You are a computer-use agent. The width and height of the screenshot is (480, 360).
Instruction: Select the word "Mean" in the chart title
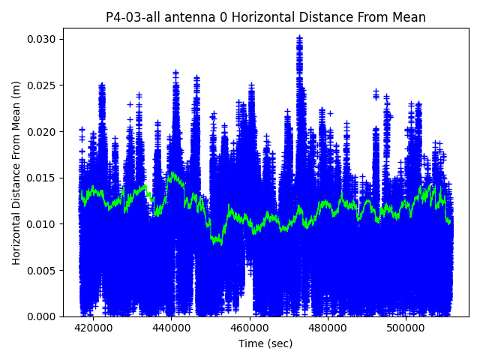tap(406, 17)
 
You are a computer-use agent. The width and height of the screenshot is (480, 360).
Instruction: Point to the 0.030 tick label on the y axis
tap(43, 39)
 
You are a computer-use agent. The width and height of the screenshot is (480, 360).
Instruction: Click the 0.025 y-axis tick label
tap(43, 85)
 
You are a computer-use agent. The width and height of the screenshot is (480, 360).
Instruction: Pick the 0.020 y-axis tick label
tap(43, 132)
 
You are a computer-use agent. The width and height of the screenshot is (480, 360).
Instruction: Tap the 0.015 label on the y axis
tap(43, 178)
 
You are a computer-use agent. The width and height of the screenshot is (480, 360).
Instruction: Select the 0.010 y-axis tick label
tap(43, 224)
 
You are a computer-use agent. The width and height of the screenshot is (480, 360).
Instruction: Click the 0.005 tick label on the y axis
tap(43, 271)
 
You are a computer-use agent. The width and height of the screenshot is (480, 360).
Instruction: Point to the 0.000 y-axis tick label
tap(43, 316)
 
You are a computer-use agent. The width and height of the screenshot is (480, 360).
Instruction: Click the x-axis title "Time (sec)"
tap(265, 343)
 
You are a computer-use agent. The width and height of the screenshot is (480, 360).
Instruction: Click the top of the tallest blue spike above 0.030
tap(299, 37)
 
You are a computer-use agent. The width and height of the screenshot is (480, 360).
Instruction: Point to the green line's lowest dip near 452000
tap(217, 241)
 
